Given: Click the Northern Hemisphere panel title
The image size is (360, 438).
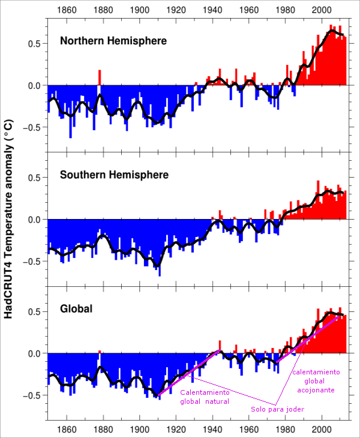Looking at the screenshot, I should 113,41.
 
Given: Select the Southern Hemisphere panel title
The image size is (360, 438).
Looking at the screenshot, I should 114,175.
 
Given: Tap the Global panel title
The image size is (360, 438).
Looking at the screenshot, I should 76,309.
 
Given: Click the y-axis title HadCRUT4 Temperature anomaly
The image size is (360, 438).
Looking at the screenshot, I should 9,219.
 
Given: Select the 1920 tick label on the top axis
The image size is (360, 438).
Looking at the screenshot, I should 176,10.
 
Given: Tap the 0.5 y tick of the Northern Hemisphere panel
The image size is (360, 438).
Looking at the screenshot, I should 34,44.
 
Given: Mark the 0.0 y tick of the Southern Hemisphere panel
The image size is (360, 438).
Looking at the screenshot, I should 34,220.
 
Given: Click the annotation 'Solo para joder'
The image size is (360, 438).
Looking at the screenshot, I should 277,409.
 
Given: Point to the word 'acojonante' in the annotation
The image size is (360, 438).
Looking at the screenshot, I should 316,389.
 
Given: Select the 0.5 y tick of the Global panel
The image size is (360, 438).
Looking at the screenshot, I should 34,311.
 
